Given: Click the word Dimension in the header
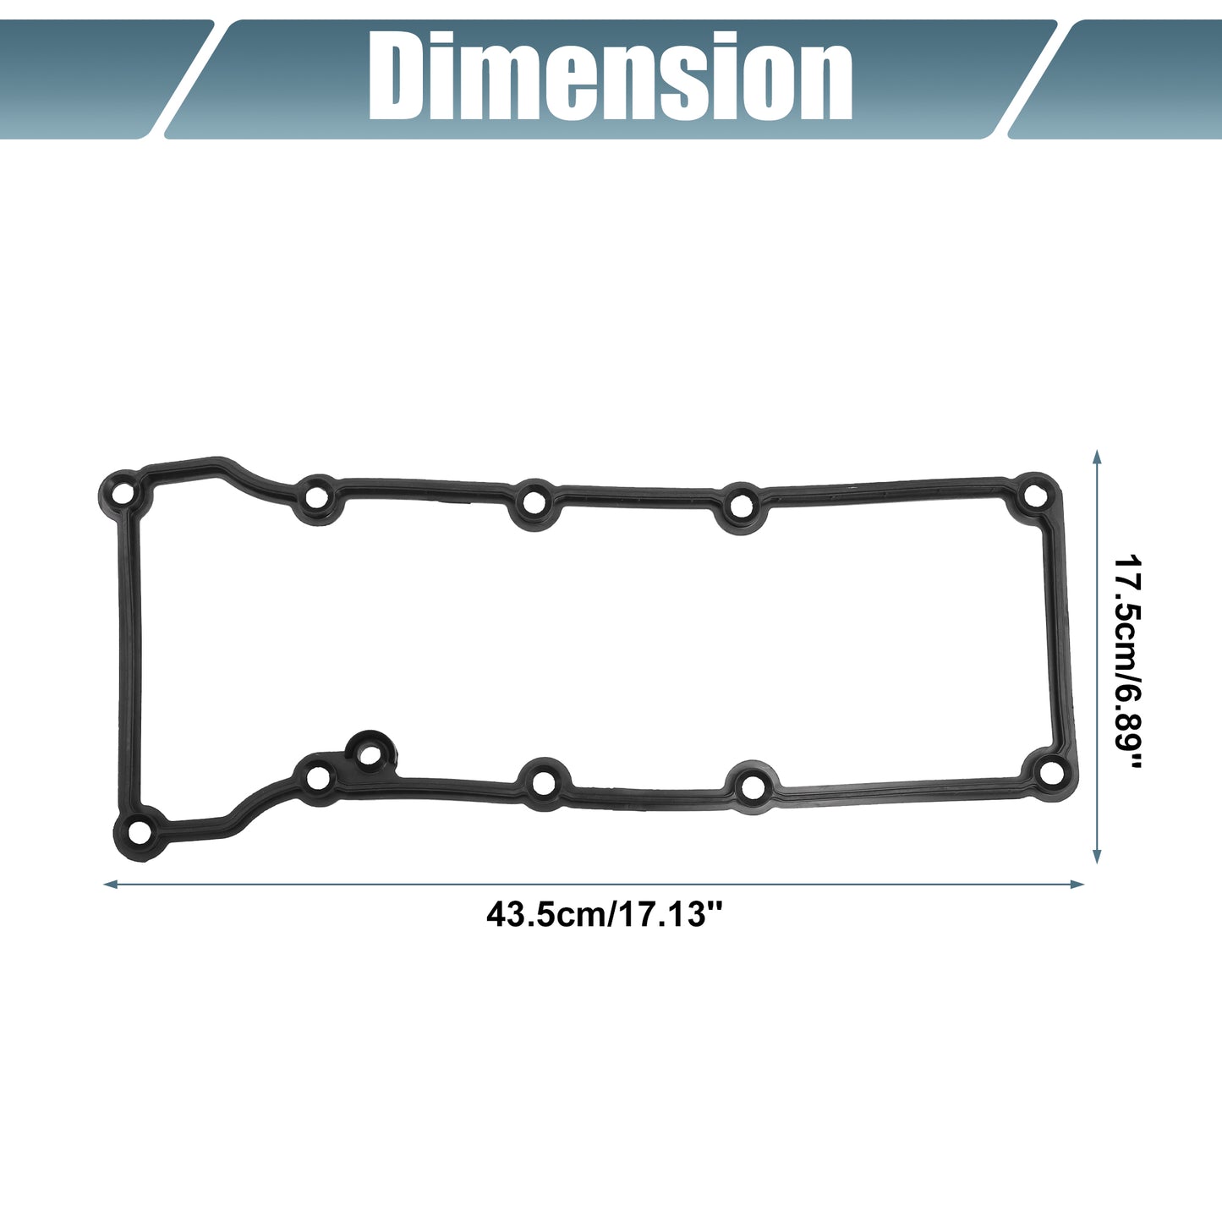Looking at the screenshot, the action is click(610, 76).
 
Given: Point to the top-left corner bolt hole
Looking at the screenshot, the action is click(125, 492).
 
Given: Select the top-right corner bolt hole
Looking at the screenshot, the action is click(1036, 496).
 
